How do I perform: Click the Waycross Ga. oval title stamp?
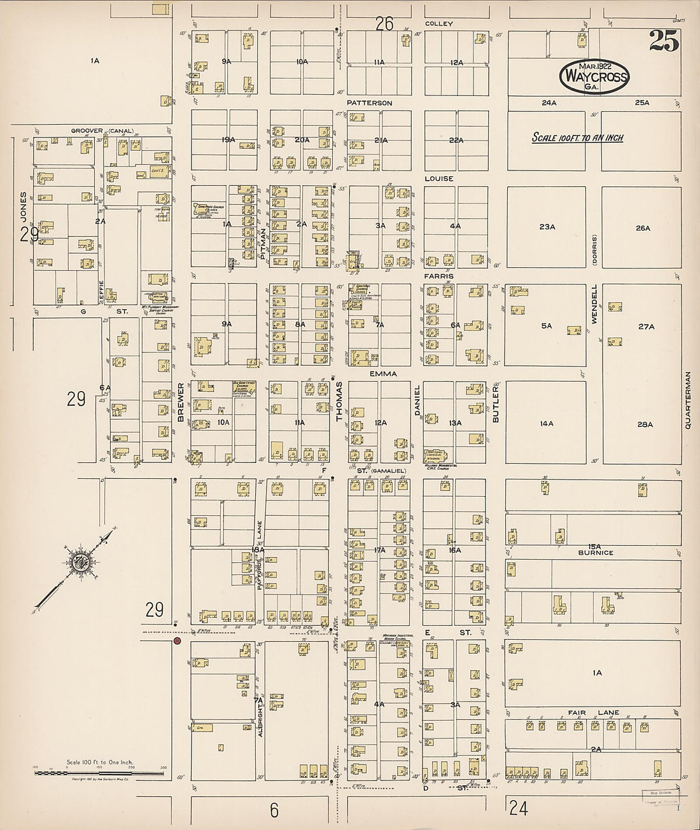[594, 77]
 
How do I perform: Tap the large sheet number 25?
[664, 41]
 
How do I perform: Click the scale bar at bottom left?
[100, 773]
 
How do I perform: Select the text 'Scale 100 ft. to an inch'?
[577, 137]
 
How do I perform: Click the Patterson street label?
[369, 103]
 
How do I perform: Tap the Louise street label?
[438, 179]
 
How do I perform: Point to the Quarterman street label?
[688, 400]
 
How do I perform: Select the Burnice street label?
[595, 553]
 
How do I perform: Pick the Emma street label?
[383, 374]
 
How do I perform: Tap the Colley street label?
[438, 24]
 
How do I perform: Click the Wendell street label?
[595, 305]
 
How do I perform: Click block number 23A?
[547, 226]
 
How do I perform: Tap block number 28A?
[645, 424]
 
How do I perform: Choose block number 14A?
[546, 423]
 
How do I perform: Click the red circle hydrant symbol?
[177, 642]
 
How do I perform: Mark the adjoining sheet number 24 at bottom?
[518, 808]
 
